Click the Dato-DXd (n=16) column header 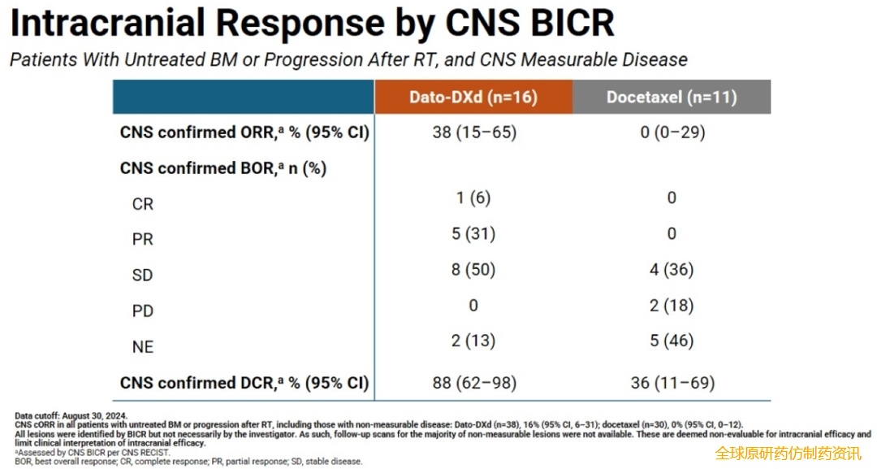click(473, 98)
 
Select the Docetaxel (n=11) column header click(672, 98)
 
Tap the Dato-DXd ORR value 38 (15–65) click(474, 132)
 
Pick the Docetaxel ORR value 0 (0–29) click(672, 132)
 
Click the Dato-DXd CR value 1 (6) click(473, 198)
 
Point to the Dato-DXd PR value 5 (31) click(473, 234)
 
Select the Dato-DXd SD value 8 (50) click(473, 270)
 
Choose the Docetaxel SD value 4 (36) click(672, 270)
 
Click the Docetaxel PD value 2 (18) click(672, 306)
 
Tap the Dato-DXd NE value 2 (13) click(473, 341)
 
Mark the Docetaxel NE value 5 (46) click(672, 341)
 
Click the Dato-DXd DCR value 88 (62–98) click(474, 382)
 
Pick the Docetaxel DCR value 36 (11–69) click(672, 382)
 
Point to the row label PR click(142, 240)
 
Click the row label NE click(142, 347)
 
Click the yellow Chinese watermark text click(788, 454)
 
